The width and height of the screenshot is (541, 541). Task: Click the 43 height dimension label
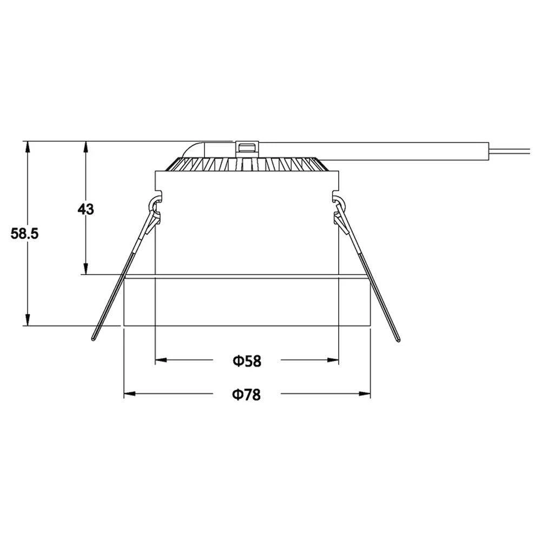tap(85, 209)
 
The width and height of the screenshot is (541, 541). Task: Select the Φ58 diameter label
tap(247, 361)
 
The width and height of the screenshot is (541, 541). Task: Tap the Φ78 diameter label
tap(247, 395)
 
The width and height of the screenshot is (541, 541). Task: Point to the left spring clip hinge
tap(155, 206)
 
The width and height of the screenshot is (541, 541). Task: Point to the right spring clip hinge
tap(339, 206)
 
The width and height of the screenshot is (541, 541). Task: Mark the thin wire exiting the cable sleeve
tap(514, 152)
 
